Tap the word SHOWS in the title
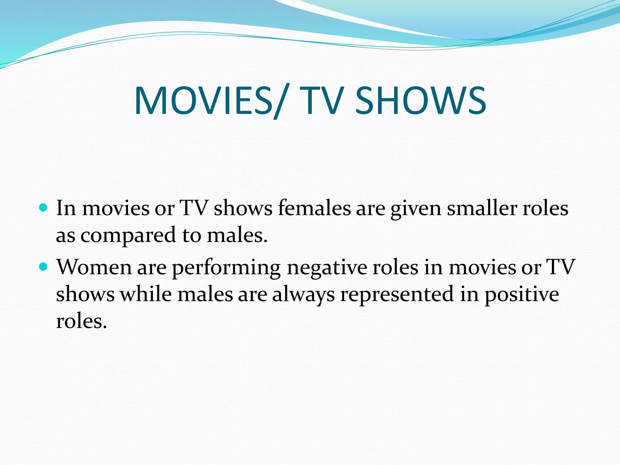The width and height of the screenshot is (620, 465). click(420, 101)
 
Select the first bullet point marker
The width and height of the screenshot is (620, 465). click(44, 208)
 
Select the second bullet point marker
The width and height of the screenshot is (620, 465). click(44, 267)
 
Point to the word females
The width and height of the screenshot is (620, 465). click(314, 209)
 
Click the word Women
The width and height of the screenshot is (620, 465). click(94, 268)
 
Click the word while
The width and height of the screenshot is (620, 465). click(146, 294)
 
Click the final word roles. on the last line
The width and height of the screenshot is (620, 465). click(81, 321)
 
